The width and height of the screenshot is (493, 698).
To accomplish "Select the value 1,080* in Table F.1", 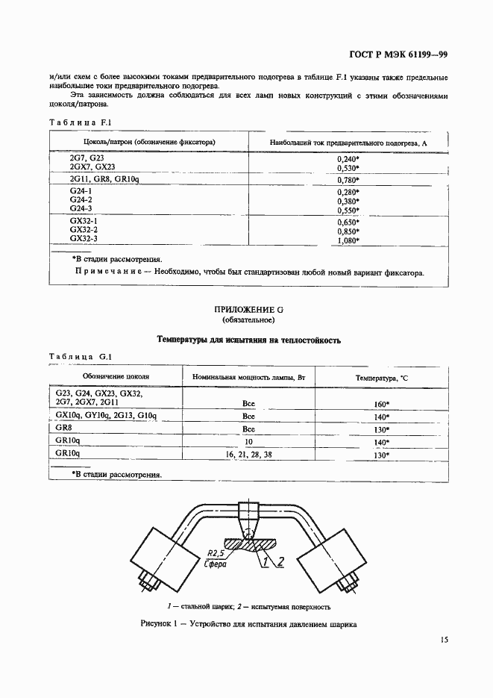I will click(x=348, y=240).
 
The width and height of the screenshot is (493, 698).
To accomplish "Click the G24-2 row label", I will click(x=81, y=200).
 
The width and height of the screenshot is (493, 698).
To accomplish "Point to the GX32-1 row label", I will click(x=84, y=221).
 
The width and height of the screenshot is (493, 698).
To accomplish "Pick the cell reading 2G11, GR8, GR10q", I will click(x=104, y=179).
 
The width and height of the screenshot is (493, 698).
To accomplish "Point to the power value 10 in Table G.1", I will click(x=249, y=442).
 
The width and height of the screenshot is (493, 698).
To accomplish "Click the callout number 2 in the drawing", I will click(x=280, y=562).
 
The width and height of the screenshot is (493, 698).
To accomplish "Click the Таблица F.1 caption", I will click(x=80, y=122).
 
